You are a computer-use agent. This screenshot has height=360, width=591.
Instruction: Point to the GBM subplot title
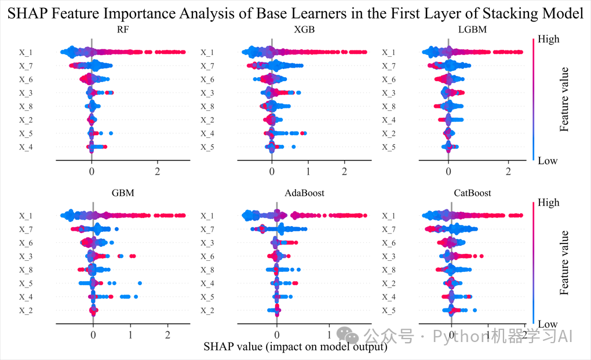click(x=123, y=192)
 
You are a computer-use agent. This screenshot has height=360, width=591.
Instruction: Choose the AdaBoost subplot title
click(x=304, y=192)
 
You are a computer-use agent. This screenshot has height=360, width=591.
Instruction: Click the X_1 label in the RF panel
click(x=26, y=52)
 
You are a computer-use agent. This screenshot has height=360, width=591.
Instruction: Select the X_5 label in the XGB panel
click(x=207, y=147)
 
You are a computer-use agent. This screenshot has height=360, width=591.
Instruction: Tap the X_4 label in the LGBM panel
click(x=388, y=120)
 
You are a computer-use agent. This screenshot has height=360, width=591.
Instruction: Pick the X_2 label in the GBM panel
click(x=26, y=311)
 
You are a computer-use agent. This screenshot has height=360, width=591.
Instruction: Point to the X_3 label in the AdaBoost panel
click(x=207, y=243)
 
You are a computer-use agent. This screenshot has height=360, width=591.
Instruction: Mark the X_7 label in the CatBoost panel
click(x=388, y=230)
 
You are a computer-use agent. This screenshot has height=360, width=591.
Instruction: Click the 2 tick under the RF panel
click(x=158, y=172)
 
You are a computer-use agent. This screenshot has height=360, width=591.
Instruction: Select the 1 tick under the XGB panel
click(x=308, y=172)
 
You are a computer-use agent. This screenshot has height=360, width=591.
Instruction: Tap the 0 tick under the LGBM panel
click(x=448, y=172)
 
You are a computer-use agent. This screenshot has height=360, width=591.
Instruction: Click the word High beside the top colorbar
click(x=549, y=39)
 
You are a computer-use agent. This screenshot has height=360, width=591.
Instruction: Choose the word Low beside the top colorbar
click(x=548, y=161)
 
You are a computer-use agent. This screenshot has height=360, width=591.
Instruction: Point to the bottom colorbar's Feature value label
click(x=565, y=263)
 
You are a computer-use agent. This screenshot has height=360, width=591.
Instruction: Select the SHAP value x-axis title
click(x=295, y=347)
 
